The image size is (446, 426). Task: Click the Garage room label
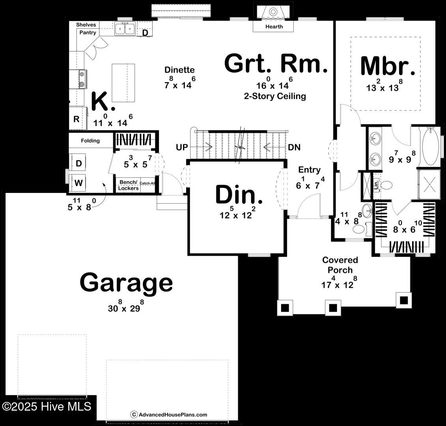126,282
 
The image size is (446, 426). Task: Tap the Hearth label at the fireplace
274,26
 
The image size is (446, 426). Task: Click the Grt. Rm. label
276,64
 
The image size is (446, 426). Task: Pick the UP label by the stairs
181,148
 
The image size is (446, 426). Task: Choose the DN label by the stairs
294,148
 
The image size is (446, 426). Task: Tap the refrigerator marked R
77,119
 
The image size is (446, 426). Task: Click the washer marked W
79,183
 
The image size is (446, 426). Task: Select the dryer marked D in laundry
79,163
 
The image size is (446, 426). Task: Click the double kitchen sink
125,28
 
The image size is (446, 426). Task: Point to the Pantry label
88,32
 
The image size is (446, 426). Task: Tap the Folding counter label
90,140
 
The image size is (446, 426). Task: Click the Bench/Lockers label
129,185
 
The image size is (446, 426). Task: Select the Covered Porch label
340,265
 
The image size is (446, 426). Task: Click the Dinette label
179,70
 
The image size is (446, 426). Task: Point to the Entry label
309,170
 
